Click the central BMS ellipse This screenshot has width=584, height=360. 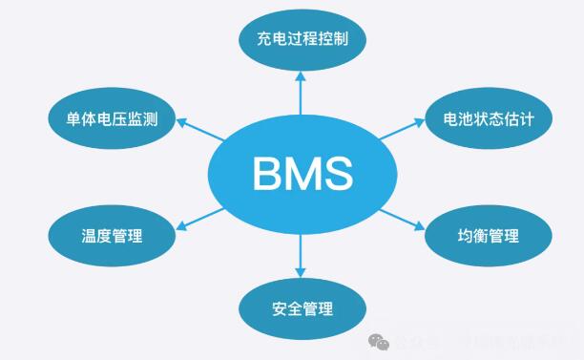click(x=302, y=174)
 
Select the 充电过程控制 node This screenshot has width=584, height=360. click(x=301, y=40)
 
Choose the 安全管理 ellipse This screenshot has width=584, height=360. click(x=301, y=307)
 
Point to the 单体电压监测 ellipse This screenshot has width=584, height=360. click(x=112, y=120)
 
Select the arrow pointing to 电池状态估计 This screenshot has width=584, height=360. click(x=401, y=133)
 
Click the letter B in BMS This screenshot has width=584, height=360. click(x=266, y=174)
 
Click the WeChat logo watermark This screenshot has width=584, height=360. click(x=379, y=341)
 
